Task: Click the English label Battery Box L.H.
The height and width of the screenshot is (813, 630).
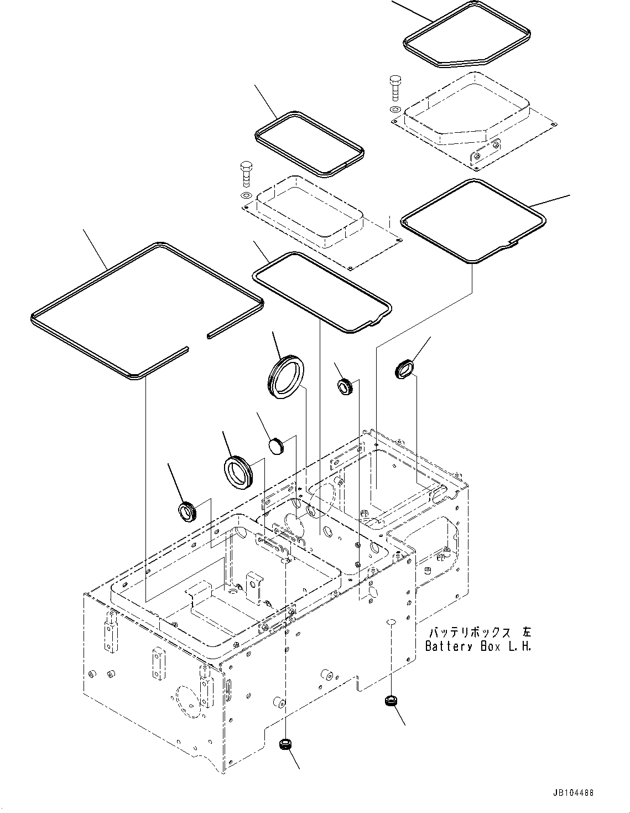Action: coord(478,646)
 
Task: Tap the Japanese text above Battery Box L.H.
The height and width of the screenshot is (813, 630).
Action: coord(479,632)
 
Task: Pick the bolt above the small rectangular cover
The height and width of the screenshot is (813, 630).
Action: coord(246,173)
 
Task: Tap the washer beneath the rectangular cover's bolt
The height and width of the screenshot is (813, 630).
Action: coord(246,196)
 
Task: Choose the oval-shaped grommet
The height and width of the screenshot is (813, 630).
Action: coord(404,369)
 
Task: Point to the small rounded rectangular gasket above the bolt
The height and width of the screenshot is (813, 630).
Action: coord(309,144)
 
